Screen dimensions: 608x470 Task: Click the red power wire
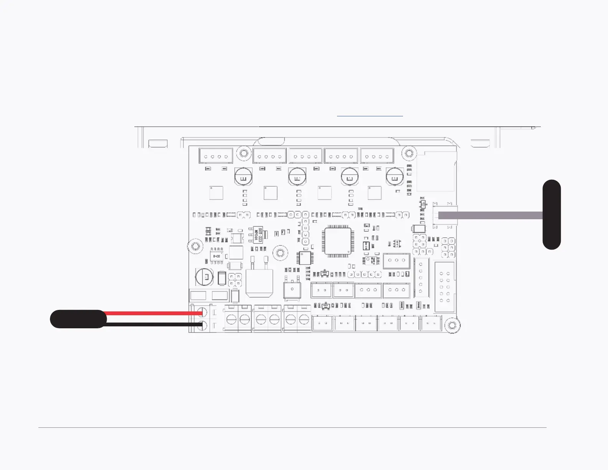[154, 313]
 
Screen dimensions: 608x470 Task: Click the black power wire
[154, 325]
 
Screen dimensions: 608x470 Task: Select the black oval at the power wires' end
[78, 319]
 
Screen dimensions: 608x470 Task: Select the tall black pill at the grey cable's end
[552, 214]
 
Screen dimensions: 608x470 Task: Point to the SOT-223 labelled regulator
[257, 234]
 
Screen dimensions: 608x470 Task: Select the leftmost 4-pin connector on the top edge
[216, 156]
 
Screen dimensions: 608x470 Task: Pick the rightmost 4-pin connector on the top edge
[377, 156]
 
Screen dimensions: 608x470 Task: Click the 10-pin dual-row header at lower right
[444, 287]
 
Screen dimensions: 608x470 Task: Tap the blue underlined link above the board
[370, 115]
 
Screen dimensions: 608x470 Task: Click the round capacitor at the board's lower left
[205, 277]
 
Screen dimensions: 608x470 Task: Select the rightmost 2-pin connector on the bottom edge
[431, 323]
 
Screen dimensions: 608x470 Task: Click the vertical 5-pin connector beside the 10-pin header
[421, 278]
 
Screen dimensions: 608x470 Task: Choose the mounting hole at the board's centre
[280, 253]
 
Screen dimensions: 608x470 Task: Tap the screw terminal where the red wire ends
[202, 313]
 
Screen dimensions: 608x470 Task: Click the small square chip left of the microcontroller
[305, 258]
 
